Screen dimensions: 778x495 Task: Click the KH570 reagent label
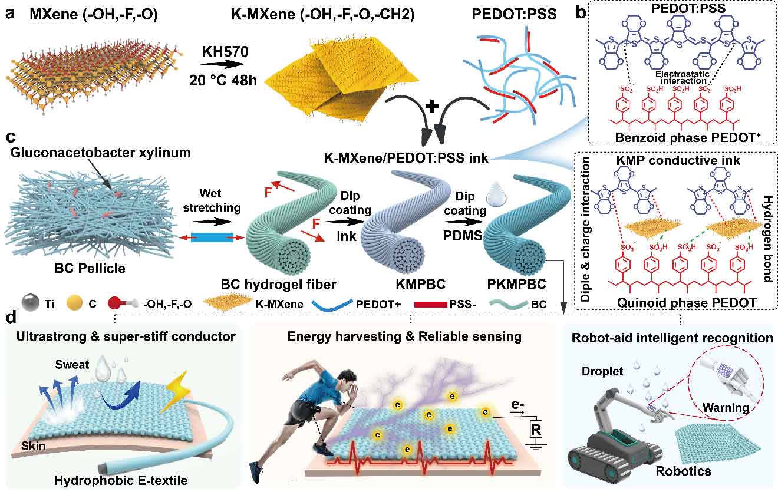pos(225,52)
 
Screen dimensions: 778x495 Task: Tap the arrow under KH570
pos(222,64)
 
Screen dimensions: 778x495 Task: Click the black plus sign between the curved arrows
pos(431,106)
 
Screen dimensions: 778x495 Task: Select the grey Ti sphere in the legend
pos(30,302)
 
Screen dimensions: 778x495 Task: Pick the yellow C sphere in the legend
pos(74,303)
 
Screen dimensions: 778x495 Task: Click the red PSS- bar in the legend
pos(431,305)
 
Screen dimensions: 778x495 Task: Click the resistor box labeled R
pos(536,430)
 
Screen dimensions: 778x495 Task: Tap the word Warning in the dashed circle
pos(726,407)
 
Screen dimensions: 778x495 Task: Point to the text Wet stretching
pos(212,200)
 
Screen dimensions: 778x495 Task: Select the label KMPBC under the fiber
pos(421,284)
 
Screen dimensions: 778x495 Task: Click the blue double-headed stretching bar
pos(212,237)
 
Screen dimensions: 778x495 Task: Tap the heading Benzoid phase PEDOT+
pos(688,137)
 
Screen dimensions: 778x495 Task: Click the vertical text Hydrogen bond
pos(767,239)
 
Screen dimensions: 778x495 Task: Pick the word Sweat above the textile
pos(72,365)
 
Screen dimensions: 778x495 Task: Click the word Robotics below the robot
pos(683,471)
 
